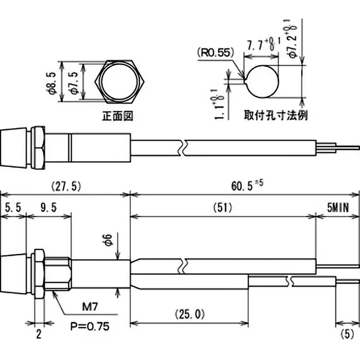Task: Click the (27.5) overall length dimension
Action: click(x=65, y=185)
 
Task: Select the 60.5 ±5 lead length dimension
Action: click(x=246, y=185)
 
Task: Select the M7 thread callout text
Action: click(x=91, y=309)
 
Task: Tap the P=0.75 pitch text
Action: click(x=90, y=326)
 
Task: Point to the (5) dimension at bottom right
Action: click(x=347, y=334)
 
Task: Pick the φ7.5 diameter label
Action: click(x=75, y=82)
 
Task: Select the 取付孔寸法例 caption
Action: click(x=275, y=115)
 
